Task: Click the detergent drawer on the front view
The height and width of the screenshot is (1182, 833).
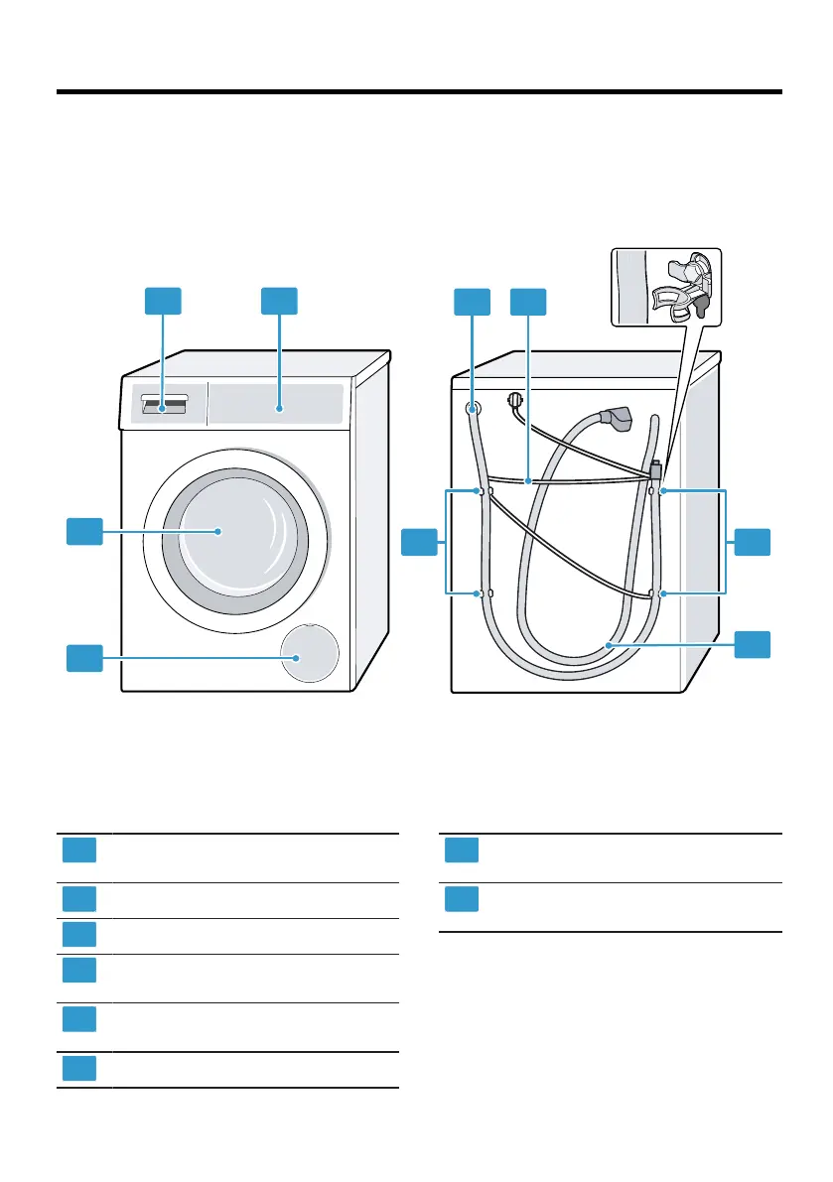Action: coord(163,404)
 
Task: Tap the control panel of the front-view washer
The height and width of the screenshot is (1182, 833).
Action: coord(279,406)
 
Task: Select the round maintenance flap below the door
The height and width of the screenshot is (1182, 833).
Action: coord(308,656)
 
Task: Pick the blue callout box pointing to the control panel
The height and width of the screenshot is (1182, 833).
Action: coord(279,301)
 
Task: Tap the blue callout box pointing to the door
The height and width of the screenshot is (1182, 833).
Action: coord(84,531)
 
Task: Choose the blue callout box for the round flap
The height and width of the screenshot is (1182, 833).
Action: coord(84,657)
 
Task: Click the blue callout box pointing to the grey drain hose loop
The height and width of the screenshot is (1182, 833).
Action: coord(753,643)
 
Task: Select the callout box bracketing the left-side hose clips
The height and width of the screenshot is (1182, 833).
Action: coord(419,542)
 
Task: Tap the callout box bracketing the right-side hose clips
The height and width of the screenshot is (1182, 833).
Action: coord(753,542)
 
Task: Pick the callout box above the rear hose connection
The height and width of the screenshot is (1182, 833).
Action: coord(472,301)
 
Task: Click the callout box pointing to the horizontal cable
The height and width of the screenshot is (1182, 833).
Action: coord(527,301)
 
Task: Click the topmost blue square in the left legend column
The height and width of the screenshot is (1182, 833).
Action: coord(79,851)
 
